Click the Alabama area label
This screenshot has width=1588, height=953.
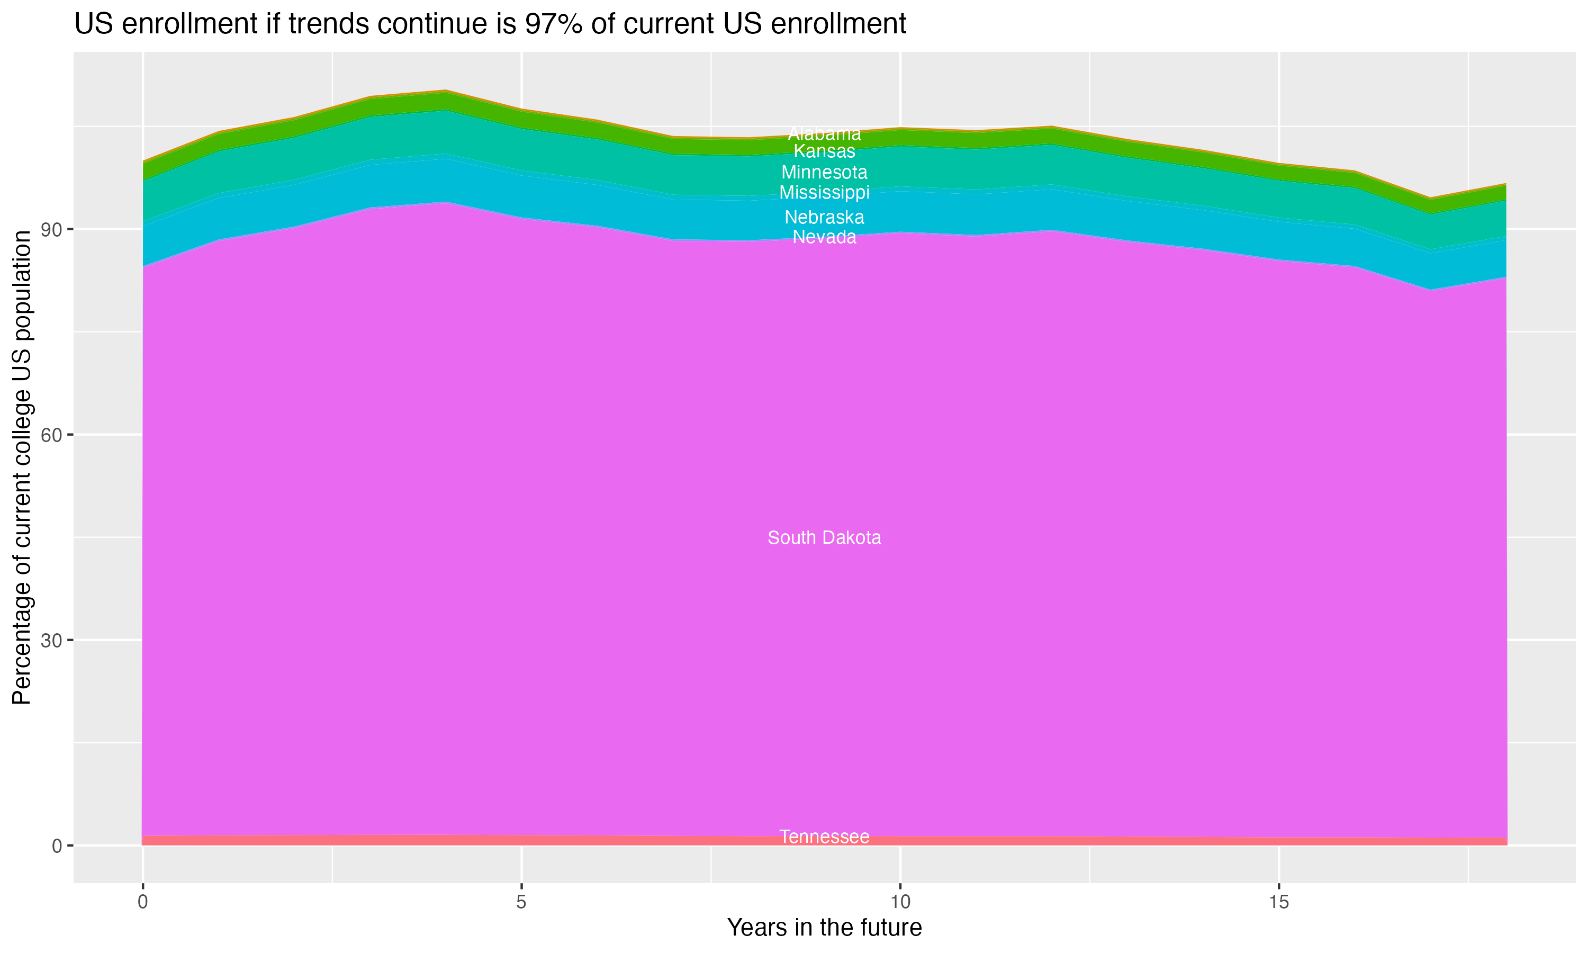pyautogui.click(x=824, y=133)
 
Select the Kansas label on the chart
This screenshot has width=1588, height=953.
pyautogui.click(x=824, y=151)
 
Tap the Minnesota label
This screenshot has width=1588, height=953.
pyautogui.click(x=824, y=172)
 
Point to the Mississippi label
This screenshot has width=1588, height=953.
pyautogui.click(x=824, y=193)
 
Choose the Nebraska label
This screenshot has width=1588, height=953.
pyautogui.click(x=824, y=217)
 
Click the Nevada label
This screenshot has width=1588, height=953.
pyautogui.click(x=824, y=237)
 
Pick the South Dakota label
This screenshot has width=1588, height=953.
pyautogui.click(x=824, y=537)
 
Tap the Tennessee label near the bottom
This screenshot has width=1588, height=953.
pyautogui.click(x=824, y=837)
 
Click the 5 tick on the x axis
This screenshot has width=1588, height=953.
pyautogui.click(x=521, y=902)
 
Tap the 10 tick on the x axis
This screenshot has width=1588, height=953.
pyautogui.click(x=900, y=902)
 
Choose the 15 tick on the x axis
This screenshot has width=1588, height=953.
pyautogui.click(x=1279, y=902)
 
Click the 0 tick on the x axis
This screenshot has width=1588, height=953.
pyautogui.click(x=142, y=902)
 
